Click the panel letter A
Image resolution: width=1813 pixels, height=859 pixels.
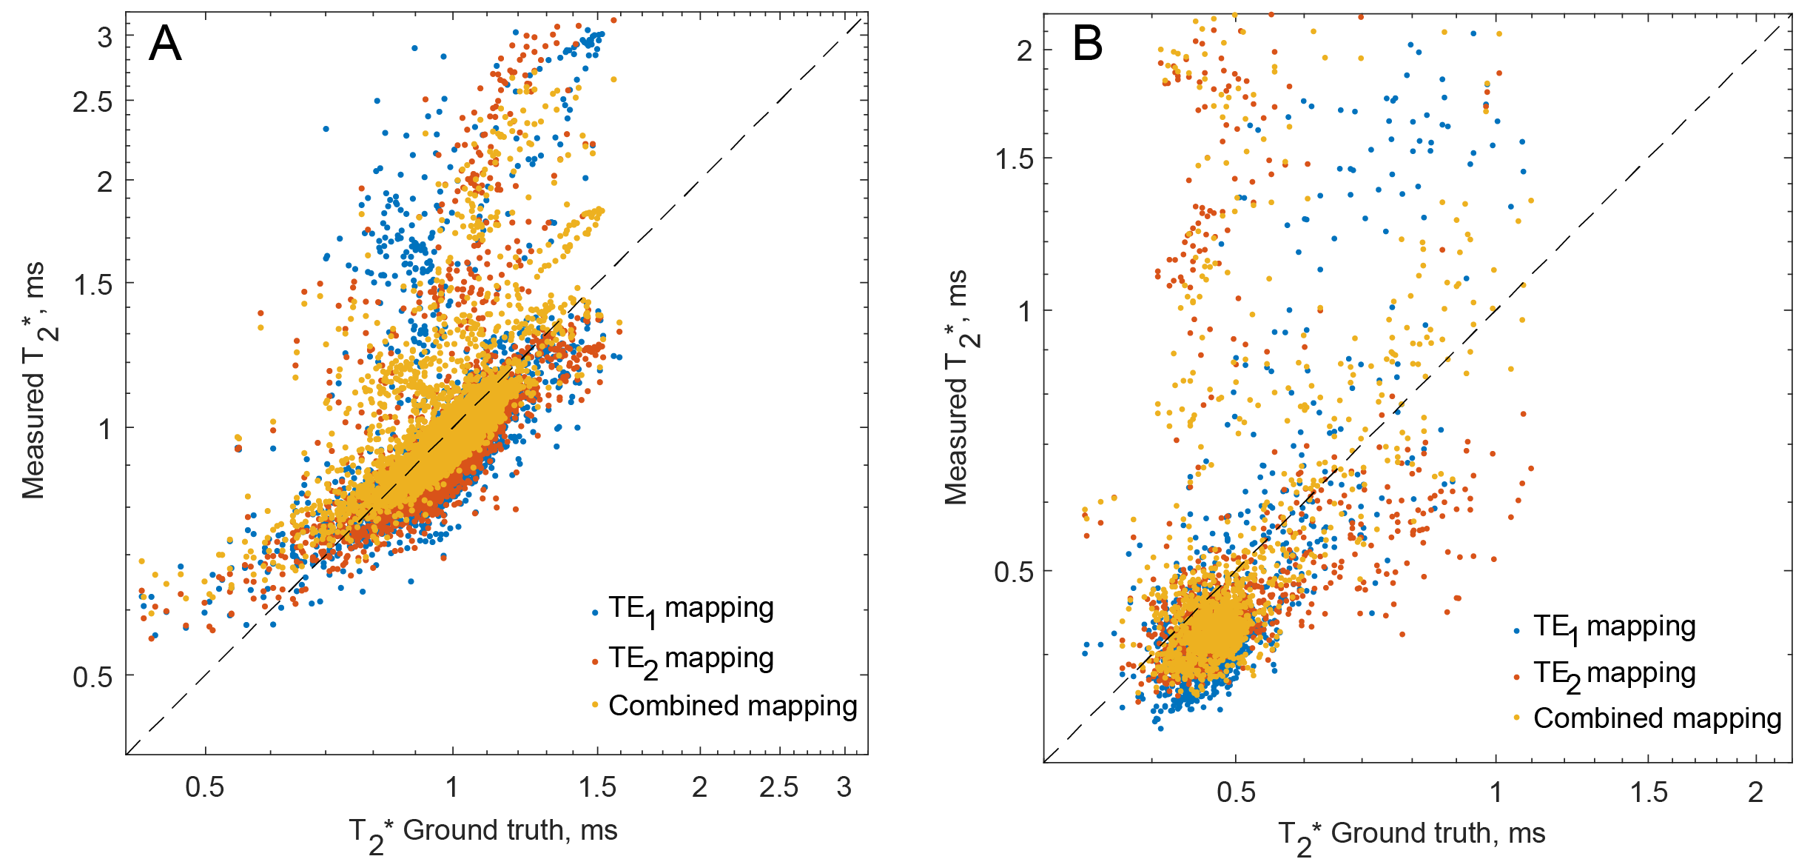[x=165, y=44]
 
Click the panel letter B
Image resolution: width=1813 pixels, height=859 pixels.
[x=1087, y=44]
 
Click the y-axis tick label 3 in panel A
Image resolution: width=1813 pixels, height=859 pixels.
[x=105, y=37]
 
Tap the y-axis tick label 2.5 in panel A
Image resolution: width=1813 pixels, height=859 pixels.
[x=93, y=102]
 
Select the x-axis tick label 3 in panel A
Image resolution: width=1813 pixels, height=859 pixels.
[x=844, y=787]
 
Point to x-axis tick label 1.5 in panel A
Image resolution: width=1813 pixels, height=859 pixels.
[x=597, y=787]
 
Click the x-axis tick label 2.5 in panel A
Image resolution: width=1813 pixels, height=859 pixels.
[x=778, y=787]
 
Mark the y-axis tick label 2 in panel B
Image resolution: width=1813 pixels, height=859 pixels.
[x=1024, y=52]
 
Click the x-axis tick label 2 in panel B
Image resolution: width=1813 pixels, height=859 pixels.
[x=1755, y=793]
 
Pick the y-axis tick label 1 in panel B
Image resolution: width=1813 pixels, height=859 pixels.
[x=1024, y=312]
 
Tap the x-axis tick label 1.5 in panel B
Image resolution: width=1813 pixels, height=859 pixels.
[x=1649, y=793]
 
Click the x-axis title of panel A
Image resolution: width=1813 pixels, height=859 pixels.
[x=483, y=832]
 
